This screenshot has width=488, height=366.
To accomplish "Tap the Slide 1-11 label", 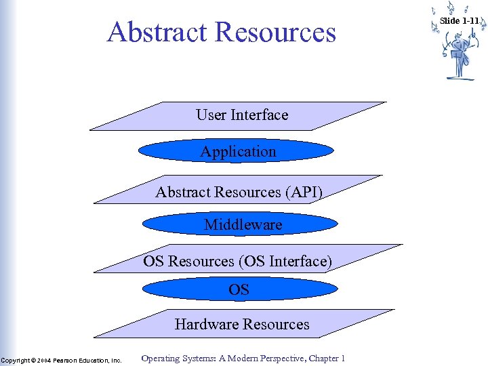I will point(459,20).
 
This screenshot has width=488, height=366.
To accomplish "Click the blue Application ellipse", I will point(239,152).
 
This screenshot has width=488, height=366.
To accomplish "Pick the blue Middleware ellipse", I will point(243,224).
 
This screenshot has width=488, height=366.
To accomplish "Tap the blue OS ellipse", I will point(239,289).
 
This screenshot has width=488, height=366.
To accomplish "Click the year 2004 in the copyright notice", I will point(43,360).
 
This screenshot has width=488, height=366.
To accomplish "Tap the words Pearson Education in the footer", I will point(81,360).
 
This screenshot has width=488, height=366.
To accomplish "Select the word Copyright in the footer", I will point(16,360).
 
